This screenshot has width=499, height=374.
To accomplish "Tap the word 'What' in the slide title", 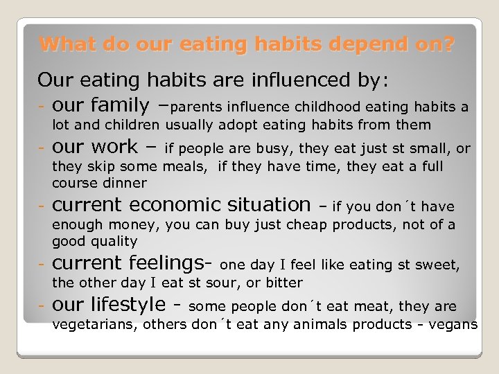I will [x=63, y=45].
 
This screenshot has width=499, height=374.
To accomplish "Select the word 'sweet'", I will [x=439, y=265].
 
